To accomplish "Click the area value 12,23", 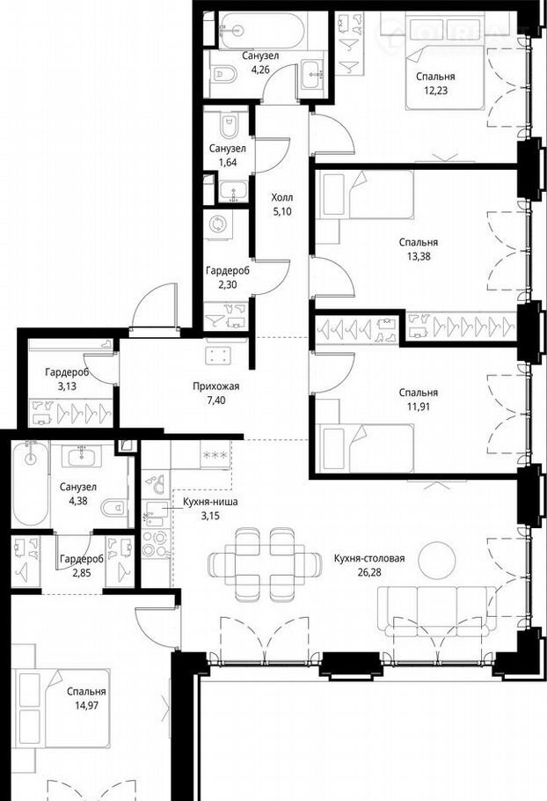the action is click(435, 91).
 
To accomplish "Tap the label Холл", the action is click(282, 197).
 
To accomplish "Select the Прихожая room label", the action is click(215, 386).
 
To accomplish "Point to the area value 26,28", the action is click(369, 572).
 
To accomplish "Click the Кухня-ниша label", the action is click(210, 502).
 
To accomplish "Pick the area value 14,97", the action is click(86, 705).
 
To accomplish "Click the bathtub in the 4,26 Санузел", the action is click(262, 30).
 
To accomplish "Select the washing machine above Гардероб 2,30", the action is click(220, 224).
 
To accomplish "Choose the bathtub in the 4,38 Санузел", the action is click(31, 483).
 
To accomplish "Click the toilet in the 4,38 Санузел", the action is click(114, 508).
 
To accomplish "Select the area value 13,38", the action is click(419, 256).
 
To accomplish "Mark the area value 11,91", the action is click(419, 407).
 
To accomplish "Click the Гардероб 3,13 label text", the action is click(67, 379).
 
